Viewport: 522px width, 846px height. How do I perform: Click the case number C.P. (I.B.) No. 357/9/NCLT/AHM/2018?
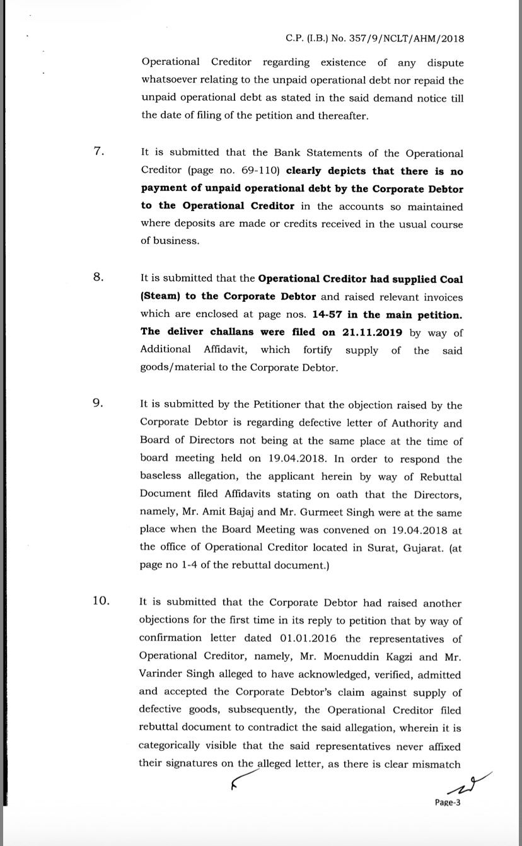pos(374,38)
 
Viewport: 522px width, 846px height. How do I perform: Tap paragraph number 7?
pos(98,152)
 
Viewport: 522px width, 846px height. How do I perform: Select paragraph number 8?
pos(98,278)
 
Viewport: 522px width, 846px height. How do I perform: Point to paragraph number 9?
pos(98,404)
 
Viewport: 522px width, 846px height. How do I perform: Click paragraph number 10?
pos(101,601)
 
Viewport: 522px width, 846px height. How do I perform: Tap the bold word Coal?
pos(449,279)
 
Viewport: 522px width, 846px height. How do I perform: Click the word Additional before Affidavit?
pos(165,350)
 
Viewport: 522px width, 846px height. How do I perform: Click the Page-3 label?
pos(448,803)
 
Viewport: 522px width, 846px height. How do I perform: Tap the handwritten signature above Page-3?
pos(467,784)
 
